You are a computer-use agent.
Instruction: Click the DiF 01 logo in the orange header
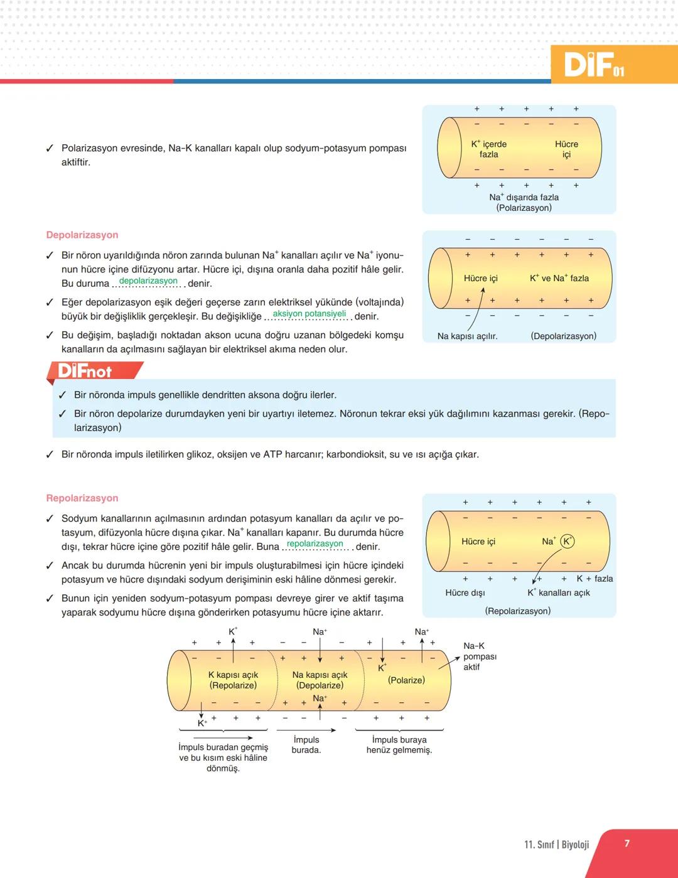pos(593,65)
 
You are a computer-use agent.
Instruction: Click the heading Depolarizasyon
pos(82,235)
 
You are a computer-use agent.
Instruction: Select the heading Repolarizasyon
pos(82,498)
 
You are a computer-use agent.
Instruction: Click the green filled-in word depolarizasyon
pos(148,281)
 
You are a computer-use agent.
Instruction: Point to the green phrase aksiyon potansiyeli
pos(309,314)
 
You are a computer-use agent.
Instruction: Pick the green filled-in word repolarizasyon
pos(315,544)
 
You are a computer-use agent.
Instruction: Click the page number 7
pos(627,843)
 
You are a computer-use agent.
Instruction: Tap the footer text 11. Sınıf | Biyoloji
pos(556,845)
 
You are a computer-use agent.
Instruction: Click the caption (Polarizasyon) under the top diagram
pos(524,208)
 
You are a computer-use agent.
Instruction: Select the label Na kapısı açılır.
pos(467,336)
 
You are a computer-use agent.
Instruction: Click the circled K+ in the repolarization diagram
pos(567,541)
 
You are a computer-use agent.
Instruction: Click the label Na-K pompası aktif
pos(480,656)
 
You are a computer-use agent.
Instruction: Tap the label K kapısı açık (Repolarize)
pos(233,680)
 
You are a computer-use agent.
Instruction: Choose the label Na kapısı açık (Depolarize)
pos(320,680)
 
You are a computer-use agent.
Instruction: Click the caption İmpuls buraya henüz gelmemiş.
pos(399,745)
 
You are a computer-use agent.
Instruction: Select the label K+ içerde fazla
pos(488,149)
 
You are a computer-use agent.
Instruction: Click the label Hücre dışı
pos(465,592)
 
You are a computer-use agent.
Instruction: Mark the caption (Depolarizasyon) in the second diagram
pos(563,336)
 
